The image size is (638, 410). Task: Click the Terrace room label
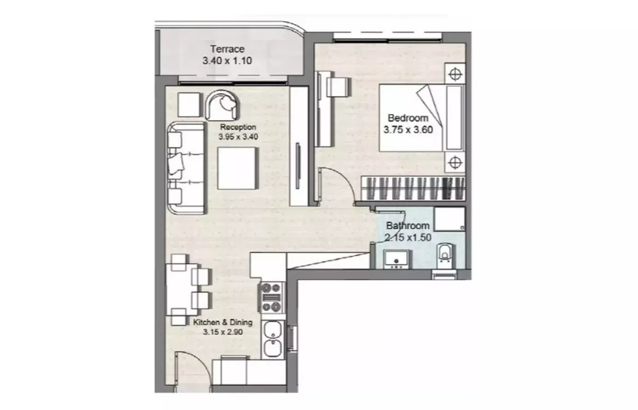228,49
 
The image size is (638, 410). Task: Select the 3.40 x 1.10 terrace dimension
228,61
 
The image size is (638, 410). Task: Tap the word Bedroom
408,118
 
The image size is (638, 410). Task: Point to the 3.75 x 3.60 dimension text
408,130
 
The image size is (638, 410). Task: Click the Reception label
238,127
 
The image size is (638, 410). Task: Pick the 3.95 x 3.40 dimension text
238,137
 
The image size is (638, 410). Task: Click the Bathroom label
408,225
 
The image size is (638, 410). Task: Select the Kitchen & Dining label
223,322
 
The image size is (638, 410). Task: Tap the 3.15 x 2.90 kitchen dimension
223,332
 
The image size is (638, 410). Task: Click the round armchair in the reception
222,105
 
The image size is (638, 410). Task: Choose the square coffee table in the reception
238,168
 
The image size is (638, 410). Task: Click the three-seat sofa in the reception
186,168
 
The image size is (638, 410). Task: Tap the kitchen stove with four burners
272,298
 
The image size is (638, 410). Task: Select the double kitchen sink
273,339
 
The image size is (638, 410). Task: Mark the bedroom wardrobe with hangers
413,188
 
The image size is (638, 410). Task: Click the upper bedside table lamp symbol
455,74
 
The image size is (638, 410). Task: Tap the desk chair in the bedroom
339,87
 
